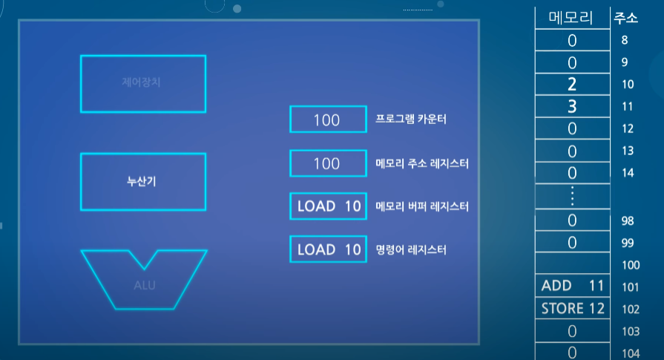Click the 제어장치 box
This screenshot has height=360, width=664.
point(142,82)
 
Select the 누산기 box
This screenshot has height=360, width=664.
point(142,181)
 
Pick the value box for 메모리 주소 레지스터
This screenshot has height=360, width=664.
point(326,163)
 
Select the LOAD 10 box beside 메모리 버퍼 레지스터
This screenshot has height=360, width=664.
point(328,206)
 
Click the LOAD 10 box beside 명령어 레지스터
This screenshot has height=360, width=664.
point(328,249)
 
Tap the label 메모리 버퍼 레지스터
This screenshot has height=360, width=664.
point(422,206)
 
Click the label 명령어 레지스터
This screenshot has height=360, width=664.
point(411,250)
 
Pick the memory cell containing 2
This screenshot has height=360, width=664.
point(571,84)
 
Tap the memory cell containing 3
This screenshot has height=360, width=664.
point(571,106)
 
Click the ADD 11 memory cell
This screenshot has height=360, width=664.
point(571,286)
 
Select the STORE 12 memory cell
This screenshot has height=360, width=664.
point(571,308)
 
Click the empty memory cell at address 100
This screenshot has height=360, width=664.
point(571,264)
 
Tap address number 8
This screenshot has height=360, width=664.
point(625,41)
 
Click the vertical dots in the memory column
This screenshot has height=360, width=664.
point(571,196)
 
